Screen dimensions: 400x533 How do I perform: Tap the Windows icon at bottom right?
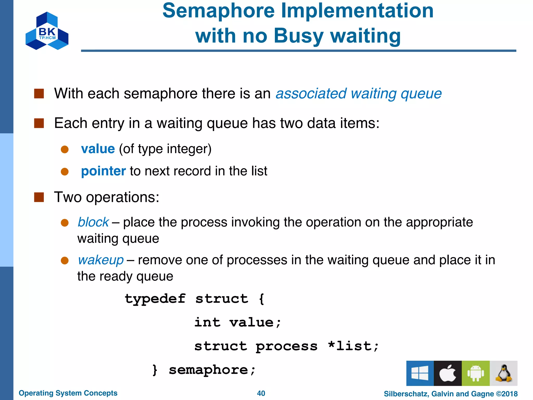click(420, 373)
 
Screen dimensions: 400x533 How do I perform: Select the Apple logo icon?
click(448, 373)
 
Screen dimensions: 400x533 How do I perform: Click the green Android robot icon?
click(475, 373)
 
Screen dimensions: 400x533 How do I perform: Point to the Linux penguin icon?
click(504, 373)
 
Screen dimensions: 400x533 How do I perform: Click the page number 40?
click(261, 393)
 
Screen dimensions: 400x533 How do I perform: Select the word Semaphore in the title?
click(218, 11)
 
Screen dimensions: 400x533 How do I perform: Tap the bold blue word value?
click(98, 149)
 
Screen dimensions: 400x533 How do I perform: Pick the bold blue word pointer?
click(103, 171)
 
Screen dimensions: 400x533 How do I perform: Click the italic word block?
click(93, 222)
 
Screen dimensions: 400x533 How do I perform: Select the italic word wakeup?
click(101, 260)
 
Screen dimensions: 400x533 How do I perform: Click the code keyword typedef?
click(155, 299)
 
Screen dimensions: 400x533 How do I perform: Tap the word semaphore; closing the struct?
click(212, 370)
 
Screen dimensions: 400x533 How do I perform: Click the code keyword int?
click(207, 322)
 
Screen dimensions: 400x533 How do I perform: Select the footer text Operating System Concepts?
click(68, 393)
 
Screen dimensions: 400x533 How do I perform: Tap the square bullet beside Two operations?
click(39, 197)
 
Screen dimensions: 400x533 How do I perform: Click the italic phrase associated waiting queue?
click(358, 93)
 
